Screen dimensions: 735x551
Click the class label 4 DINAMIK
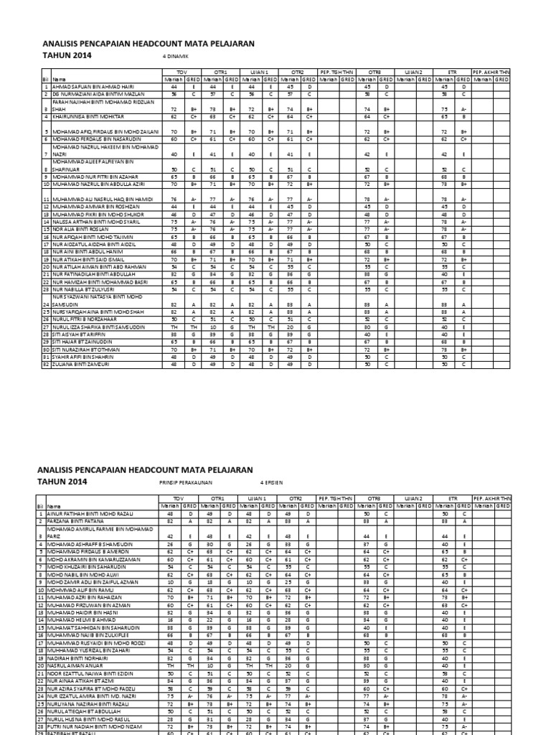176,55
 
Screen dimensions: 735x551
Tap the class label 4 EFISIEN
272,483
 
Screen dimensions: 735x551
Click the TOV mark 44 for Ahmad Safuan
173,85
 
